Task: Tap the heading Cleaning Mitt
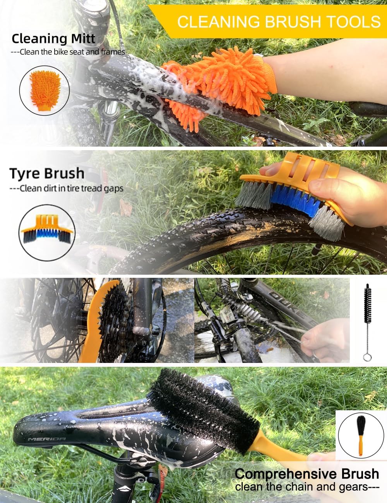pos(53,39)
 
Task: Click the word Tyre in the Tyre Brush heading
pos(25,174)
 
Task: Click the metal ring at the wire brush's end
pos(367,358)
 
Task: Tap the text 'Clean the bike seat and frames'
pos(68,52)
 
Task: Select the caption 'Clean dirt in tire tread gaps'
pos(67,189)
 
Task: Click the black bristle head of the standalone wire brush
pos(367,303)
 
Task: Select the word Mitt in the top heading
pos(83,39)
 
